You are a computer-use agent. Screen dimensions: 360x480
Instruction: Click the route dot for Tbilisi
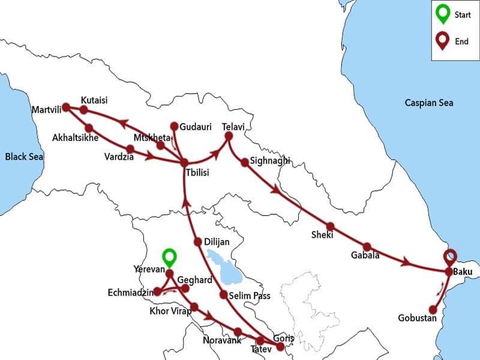184,162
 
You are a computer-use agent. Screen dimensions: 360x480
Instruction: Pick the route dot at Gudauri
175,126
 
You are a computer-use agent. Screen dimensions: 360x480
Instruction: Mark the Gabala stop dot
367,247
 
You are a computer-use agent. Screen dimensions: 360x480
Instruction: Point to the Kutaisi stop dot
84,110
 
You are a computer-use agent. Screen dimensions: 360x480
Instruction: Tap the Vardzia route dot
130,148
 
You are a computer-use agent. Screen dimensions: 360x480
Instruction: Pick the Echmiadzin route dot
157,292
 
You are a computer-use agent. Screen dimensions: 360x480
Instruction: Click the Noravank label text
221,340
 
